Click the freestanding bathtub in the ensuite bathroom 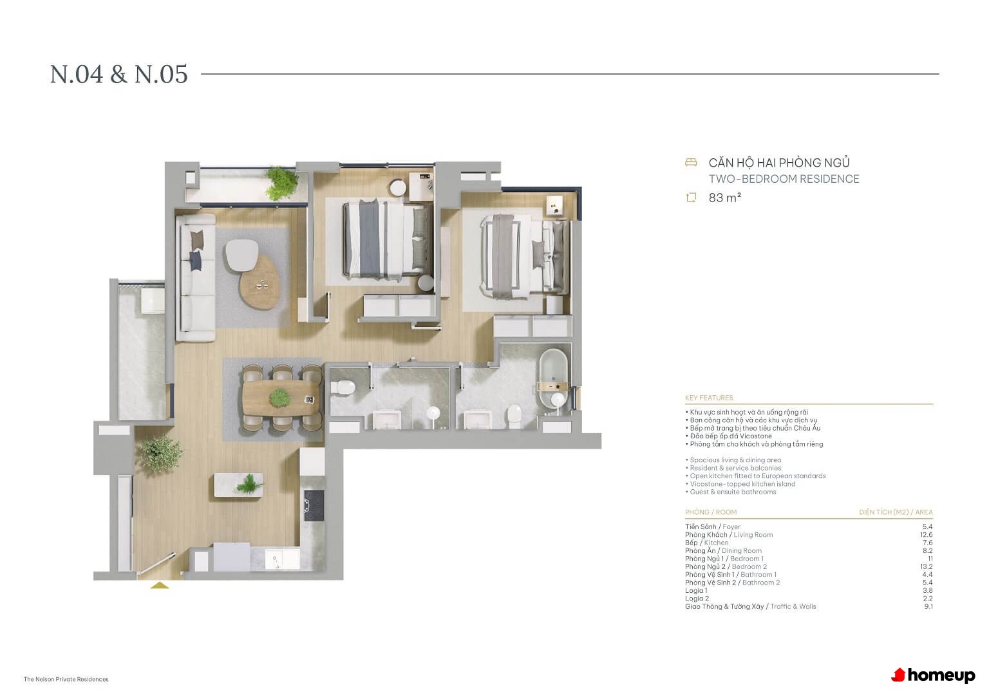[x=553, y=378]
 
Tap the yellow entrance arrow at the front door [x=160, y=585]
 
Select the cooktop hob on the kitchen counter [x=314, y=505]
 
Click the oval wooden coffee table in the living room [x=260, y=283]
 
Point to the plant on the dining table [x=280, y=398]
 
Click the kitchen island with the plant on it [x=238, y=485]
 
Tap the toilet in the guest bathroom [x=343, y=387]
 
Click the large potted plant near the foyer [x=161, y=452]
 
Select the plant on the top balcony [x=281, y=183]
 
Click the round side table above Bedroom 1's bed [x=398, y=188]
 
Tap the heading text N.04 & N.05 [x=118, y=74]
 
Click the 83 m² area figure [x=724, y=198]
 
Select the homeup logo [x=934, y=675]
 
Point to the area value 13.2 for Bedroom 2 [x=927, y=566]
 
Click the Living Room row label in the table [x=729, y=535]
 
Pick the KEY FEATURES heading [x=709, y=398]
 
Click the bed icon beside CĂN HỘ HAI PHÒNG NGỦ [x=691, y=162]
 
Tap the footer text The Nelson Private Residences [x=66, y=679]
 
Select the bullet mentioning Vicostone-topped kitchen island [x=740, y=484]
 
